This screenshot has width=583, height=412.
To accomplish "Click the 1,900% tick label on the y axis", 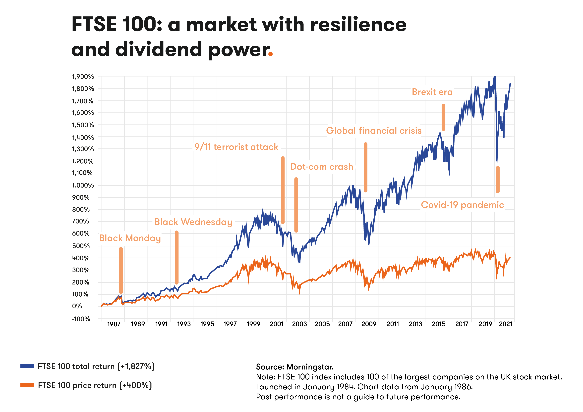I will coord(83,77).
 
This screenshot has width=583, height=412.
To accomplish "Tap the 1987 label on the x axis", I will coord(114,324).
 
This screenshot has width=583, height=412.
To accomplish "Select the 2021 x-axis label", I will coord(506,324).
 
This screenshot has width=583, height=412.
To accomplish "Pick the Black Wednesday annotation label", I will coord(193,222).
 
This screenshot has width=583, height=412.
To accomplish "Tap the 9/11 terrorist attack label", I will coord(236,147).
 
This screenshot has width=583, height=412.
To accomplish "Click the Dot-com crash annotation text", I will coord(321,167).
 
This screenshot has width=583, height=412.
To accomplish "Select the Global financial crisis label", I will coord(374,131).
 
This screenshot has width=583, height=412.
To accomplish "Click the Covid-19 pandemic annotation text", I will coord(462,205).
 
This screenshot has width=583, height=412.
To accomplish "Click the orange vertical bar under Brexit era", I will coord(443,117).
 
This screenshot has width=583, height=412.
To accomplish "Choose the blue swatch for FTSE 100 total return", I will coord(27,366).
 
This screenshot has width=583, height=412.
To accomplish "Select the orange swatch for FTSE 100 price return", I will coord(27,385).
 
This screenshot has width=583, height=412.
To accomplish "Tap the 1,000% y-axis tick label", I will coord(83,185).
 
